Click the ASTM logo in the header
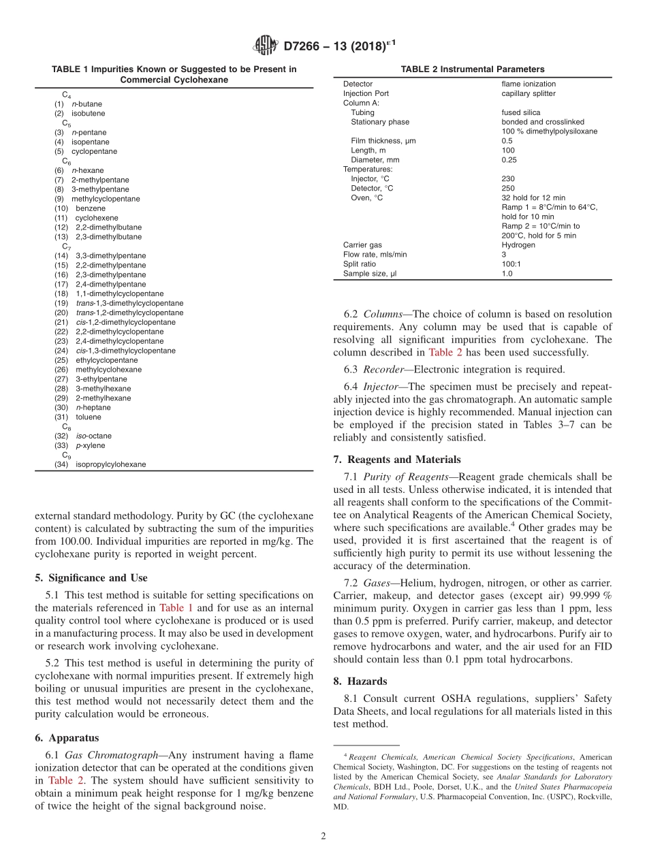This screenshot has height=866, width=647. [264, 46]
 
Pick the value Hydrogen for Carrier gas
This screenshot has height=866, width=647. [518, 245]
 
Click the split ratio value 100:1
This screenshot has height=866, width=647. [512, 264]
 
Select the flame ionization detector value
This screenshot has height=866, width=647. [528, 84]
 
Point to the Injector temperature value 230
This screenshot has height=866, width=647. [508, 179]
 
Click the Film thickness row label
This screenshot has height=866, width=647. [383, 141]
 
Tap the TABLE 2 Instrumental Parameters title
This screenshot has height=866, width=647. [473, 69]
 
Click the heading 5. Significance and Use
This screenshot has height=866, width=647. [91, 578]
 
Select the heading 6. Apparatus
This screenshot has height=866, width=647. [67, 738]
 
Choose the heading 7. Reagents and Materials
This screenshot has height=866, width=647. [397, 460]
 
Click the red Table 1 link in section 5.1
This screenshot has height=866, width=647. [176, 607]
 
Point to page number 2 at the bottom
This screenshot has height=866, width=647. [323, 837]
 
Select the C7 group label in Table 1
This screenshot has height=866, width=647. [67, 246]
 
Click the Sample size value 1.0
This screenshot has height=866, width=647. [507, 274]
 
